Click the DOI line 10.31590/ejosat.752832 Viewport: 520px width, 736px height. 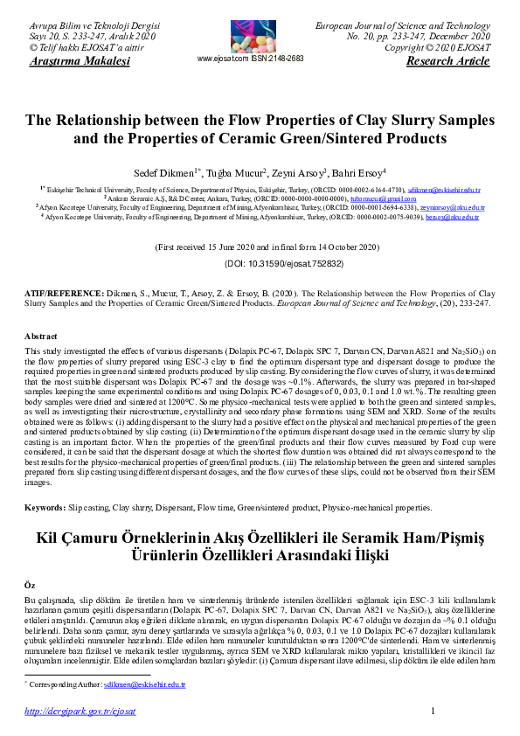pos(260,262)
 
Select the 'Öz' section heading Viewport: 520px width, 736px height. pos(31,581)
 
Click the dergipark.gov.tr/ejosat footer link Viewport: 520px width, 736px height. pos(80,712)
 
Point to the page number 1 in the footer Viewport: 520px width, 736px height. pos(433,712)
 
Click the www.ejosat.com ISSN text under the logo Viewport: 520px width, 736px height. pos(251,59)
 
